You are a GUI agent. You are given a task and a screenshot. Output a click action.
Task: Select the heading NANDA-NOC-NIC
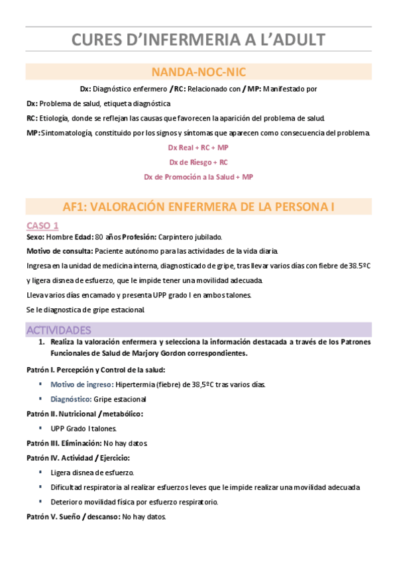198,72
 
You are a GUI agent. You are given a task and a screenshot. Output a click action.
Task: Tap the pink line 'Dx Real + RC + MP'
198,148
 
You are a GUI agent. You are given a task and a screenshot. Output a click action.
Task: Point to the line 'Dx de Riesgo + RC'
198,162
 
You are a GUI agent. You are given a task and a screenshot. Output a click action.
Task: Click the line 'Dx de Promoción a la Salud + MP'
198,177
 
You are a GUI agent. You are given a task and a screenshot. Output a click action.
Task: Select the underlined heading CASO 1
42,225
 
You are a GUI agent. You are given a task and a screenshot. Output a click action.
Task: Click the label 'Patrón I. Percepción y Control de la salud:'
96,369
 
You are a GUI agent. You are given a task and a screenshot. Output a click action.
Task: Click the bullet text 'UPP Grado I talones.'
84,428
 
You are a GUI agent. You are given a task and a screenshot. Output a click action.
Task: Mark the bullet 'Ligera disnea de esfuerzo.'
92,473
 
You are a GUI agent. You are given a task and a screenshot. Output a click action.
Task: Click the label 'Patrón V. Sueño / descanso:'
72,516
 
